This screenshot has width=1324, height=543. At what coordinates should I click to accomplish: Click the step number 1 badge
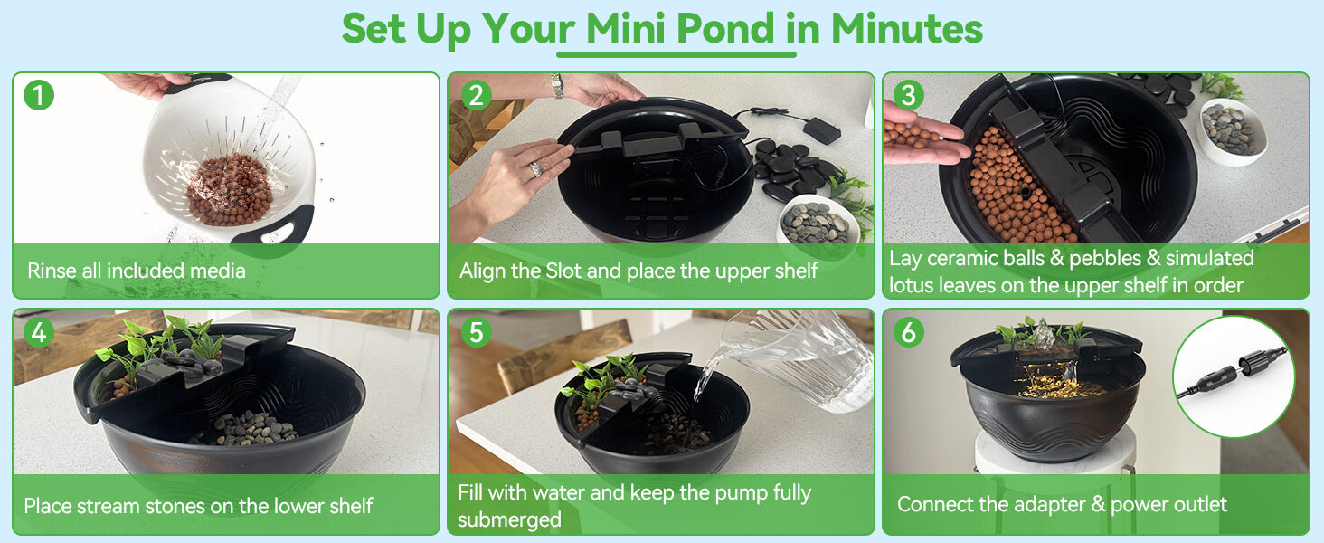pos(39,95)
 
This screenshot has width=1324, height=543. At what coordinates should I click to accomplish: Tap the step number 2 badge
pos(476,95)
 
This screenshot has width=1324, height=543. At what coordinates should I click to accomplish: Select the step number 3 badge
pos(909,95)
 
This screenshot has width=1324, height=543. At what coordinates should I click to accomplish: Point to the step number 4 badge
pos(39,332)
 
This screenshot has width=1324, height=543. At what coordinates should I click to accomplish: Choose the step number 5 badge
pos(476,332)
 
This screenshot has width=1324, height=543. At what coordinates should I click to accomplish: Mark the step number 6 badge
pos(909,332)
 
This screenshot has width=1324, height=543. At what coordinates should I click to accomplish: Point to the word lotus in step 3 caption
pos(916,285)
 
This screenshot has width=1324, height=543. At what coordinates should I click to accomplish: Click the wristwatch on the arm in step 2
pos(557,86)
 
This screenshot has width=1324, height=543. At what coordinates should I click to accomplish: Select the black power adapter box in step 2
pos(821,129)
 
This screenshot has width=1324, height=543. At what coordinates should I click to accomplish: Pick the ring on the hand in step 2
pos(535,168)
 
